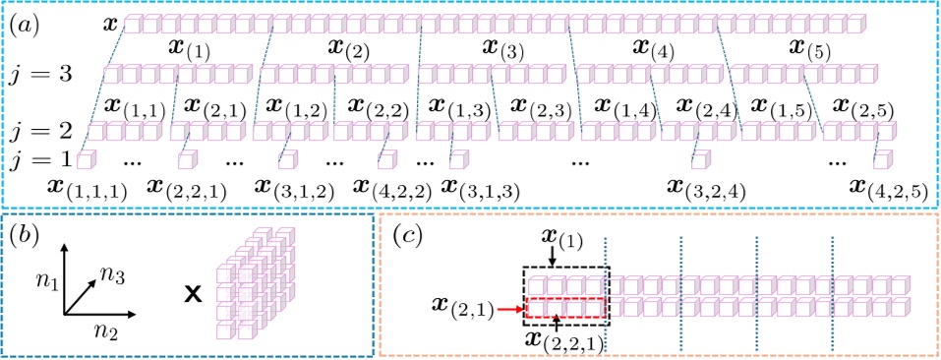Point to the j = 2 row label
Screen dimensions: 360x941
click(x=43, y=131)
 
